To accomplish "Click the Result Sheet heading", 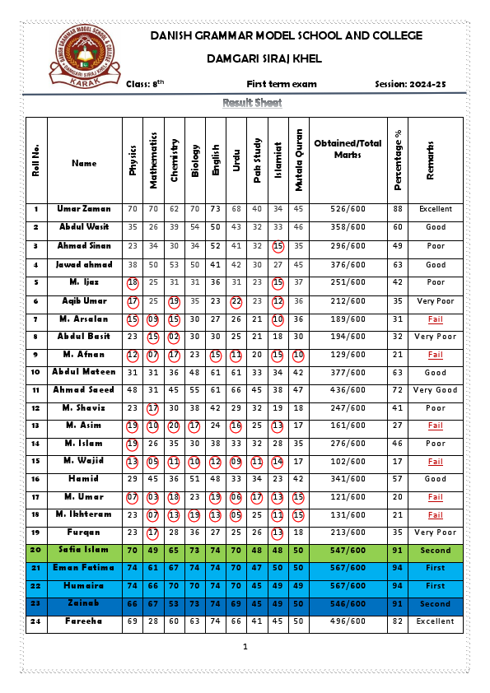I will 252,103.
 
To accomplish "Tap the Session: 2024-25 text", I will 410,84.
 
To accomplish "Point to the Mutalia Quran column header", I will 299,160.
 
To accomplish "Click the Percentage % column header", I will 399,160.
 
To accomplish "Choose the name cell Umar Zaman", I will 84,209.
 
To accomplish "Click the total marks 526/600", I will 348,209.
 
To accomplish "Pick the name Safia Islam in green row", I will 84,551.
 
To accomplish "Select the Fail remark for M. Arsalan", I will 435,319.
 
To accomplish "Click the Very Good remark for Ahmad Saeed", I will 435,390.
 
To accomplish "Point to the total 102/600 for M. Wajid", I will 348,462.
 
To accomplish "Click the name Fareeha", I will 84,621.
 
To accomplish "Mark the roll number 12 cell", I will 36,408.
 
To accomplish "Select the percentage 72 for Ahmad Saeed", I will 399,390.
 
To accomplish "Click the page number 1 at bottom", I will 245,647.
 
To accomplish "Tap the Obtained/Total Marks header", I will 348,149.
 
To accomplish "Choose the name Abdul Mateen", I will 84,372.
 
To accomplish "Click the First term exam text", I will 281,84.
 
